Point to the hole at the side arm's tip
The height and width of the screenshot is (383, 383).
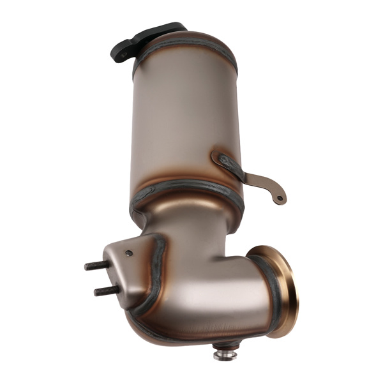[280, 199]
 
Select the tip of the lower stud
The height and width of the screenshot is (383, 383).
[96, 292]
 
